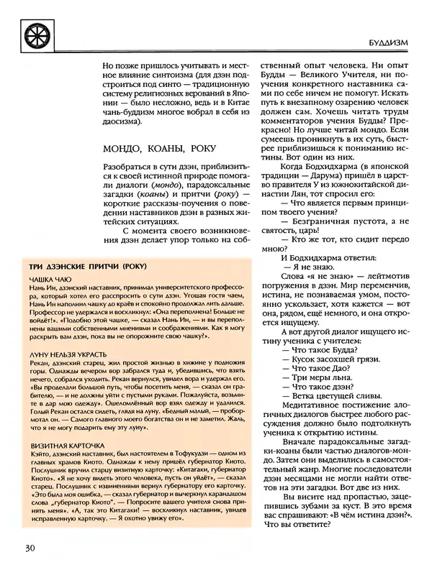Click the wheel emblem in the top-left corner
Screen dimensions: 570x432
[32, 35]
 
